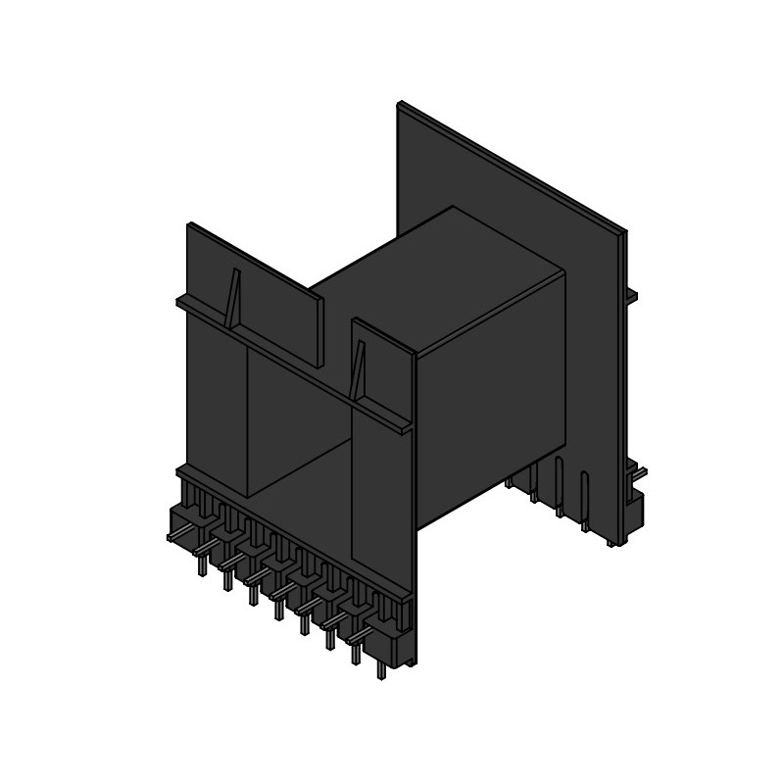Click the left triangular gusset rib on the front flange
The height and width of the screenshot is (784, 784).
click(x=233, y=299)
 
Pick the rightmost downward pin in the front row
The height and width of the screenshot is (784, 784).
click(x=380, y=672)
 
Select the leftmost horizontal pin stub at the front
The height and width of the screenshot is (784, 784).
click(x=176, y=537)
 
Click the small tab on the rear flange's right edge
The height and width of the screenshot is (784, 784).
click(x=631, y=295)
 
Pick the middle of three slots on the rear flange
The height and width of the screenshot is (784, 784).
click(x=559, y=480)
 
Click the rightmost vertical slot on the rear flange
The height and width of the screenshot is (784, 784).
click(x=584, y=495)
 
